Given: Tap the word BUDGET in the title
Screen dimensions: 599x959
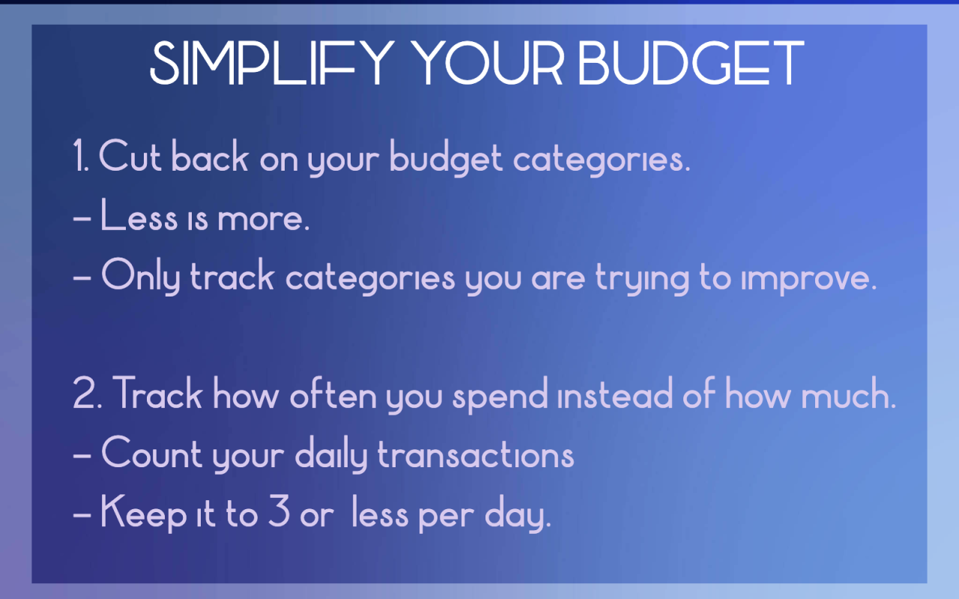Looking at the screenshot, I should click(691, 63).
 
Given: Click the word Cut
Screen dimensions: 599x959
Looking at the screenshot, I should click(131, 157).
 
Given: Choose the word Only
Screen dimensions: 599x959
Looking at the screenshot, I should click(141, 277).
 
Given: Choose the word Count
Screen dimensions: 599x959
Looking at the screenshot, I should click(152, 454).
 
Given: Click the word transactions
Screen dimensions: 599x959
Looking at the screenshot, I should click(476, 454).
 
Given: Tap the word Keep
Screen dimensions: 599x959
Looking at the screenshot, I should click(143, 514).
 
